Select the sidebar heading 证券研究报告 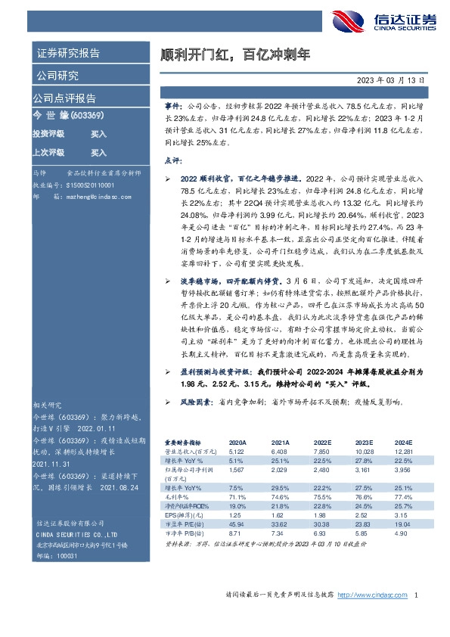pos(67,54)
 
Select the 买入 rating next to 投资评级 pos(98,133)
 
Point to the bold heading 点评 pos(172,160)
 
